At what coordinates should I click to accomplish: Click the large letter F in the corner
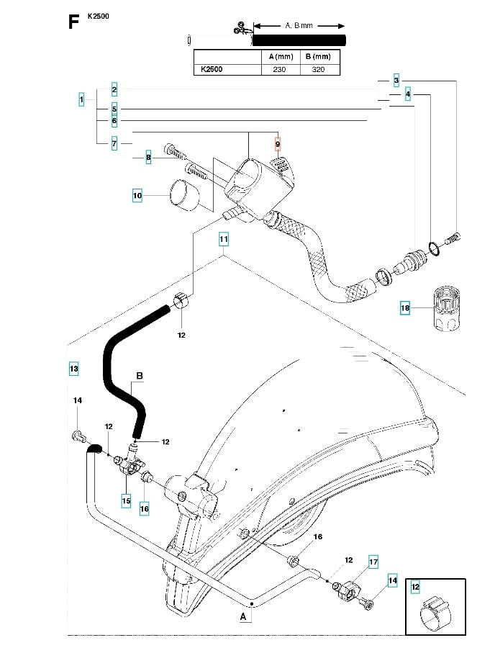click(x=73, y=22)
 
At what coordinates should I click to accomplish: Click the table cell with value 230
click(x=279, y=69)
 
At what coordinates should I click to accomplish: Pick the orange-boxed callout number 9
click(x=278, y=145)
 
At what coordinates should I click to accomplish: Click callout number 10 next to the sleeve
click(x=137, y=195)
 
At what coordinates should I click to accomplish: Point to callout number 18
click(x=405, y=309)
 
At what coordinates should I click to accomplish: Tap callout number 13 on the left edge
click(x=73, y=369)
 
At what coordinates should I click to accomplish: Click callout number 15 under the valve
click(x=126, y=500)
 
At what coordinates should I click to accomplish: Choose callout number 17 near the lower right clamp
click(x=373, y=562)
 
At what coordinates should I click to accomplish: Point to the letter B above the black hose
click(x=140, y=376)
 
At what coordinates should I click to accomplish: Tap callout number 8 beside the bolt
click(x=148, y=158)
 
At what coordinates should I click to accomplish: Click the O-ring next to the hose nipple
click(x=432, y=248)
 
